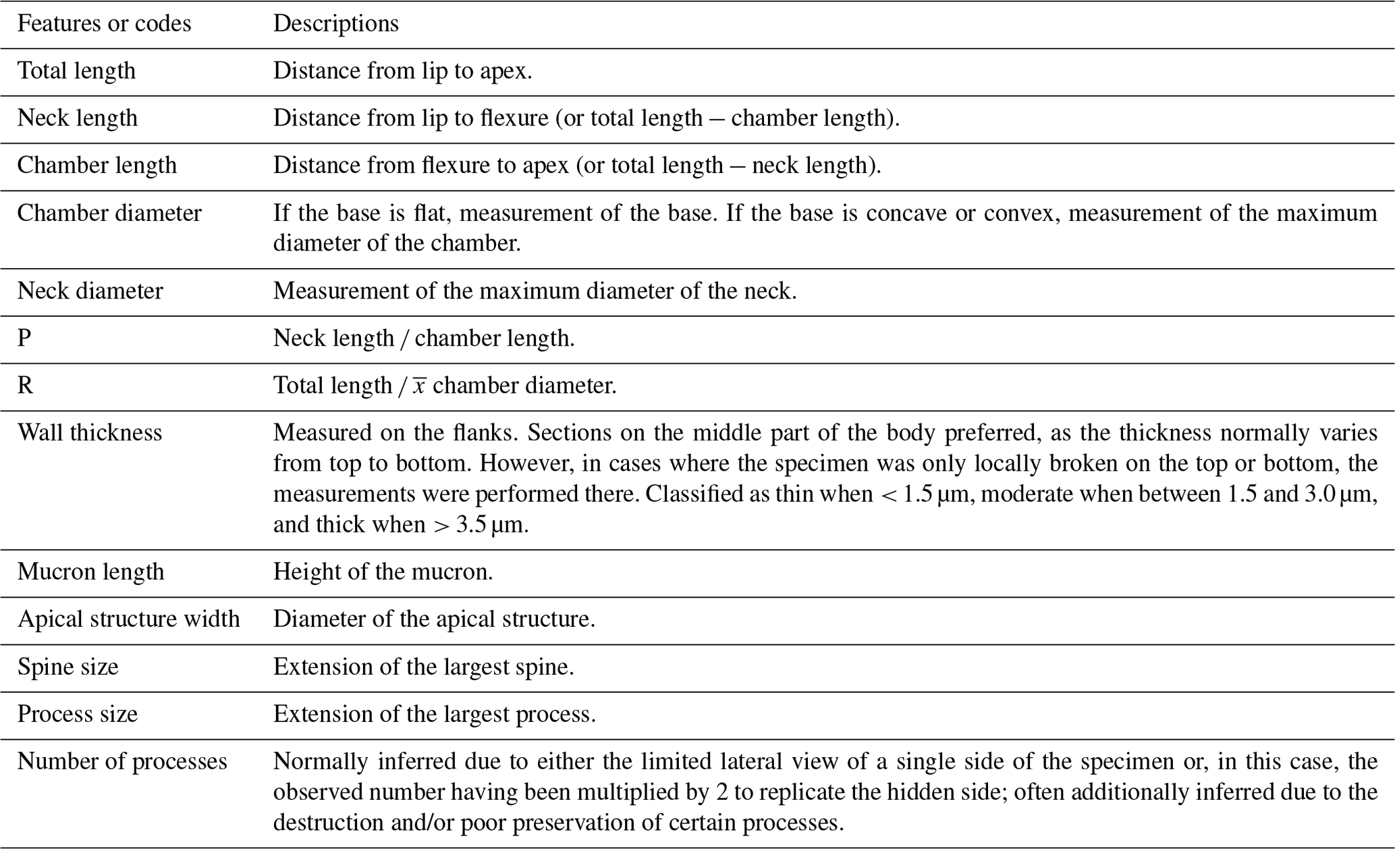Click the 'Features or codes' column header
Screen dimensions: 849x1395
104,24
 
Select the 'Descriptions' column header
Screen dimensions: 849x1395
335,24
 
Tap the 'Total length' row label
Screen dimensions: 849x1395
76,71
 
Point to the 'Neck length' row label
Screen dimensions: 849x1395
77,118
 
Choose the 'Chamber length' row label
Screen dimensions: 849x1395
97,165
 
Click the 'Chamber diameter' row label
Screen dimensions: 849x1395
109,213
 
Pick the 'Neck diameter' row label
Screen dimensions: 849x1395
90,291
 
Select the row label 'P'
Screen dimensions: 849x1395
24,338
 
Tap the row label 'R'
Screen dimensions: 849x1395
25,386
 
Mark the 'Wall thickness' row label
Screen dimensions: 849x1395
90,433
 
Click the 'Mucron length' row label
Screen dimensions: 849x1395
90,572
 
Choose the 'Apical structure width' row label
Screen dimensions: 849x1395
128,619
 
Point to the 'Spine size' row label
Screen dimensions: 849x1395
67,667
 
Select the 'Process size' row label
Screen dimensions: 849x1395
77,715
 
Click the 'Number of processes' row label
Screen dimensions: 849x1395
122,762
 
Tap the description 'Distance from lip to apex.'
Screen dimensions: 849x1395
402,71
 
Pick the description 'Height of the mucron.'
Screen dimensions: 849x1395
383,572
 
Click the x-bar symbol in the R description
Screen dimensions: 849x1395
419,386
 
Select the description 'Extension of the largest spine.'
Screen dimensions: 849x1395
423,667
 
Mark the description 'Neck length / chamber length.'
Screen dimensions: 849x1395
424,338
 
